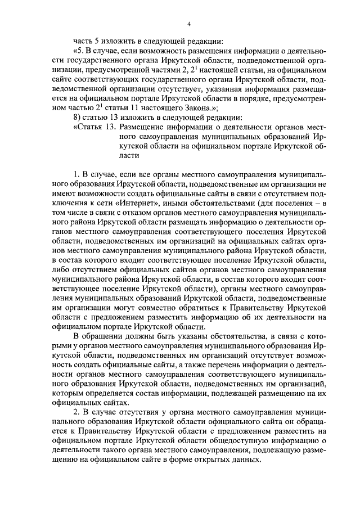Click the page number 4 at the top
[x=188, y=23]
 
